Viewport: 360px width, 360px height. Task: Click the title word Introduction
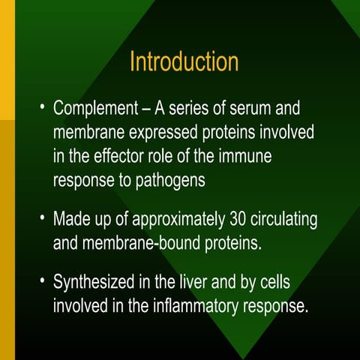[x=184, y=61]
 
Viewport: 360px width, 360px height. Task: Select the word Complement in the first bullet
[x=97, y=109]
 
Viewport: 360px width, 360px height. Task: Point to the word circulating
[x=283, y=220]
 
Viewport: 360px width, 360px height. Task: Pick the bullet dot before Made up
[x=43, y=220]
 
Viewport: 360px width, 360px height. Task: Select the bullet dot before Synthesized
[x=43, y=283]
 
